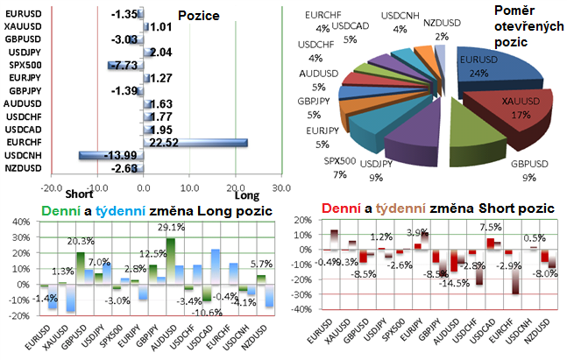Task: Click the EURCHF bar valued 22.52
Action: (195, 141)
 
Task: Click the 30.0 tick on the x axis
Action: (280, 187)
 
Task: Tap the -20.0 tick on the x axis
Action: (52, 187)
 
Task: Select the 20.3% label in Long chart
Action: (80, 241)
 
